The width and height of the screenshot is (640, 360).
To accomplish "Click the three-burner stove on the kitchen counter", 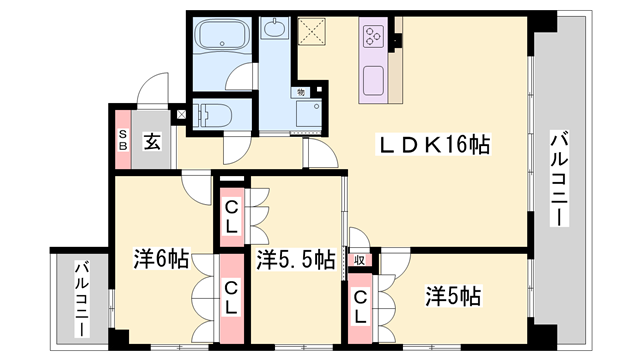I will point(375,39).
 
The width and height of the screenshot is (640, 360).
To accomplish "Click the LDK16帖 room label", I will point(432,145).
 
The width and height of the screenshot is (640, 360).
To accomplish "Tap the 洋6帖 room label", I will point(161,260).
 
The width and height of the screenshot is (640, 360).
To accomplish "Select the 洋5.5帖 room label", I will point(294,260).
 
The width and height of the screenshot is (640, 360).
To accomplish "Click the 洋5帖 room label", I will point(453,297).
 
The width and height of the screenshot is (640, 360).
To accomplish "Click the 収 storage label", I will point(357,260).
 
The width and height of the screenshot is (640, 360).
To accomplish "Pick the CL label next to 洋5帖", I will point(360,306).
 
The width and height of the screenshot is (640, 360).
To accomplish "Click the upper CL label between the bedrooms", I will point(231,217).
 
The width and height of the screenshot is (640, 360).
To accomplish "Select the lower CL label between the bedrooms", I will point(231,296).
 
